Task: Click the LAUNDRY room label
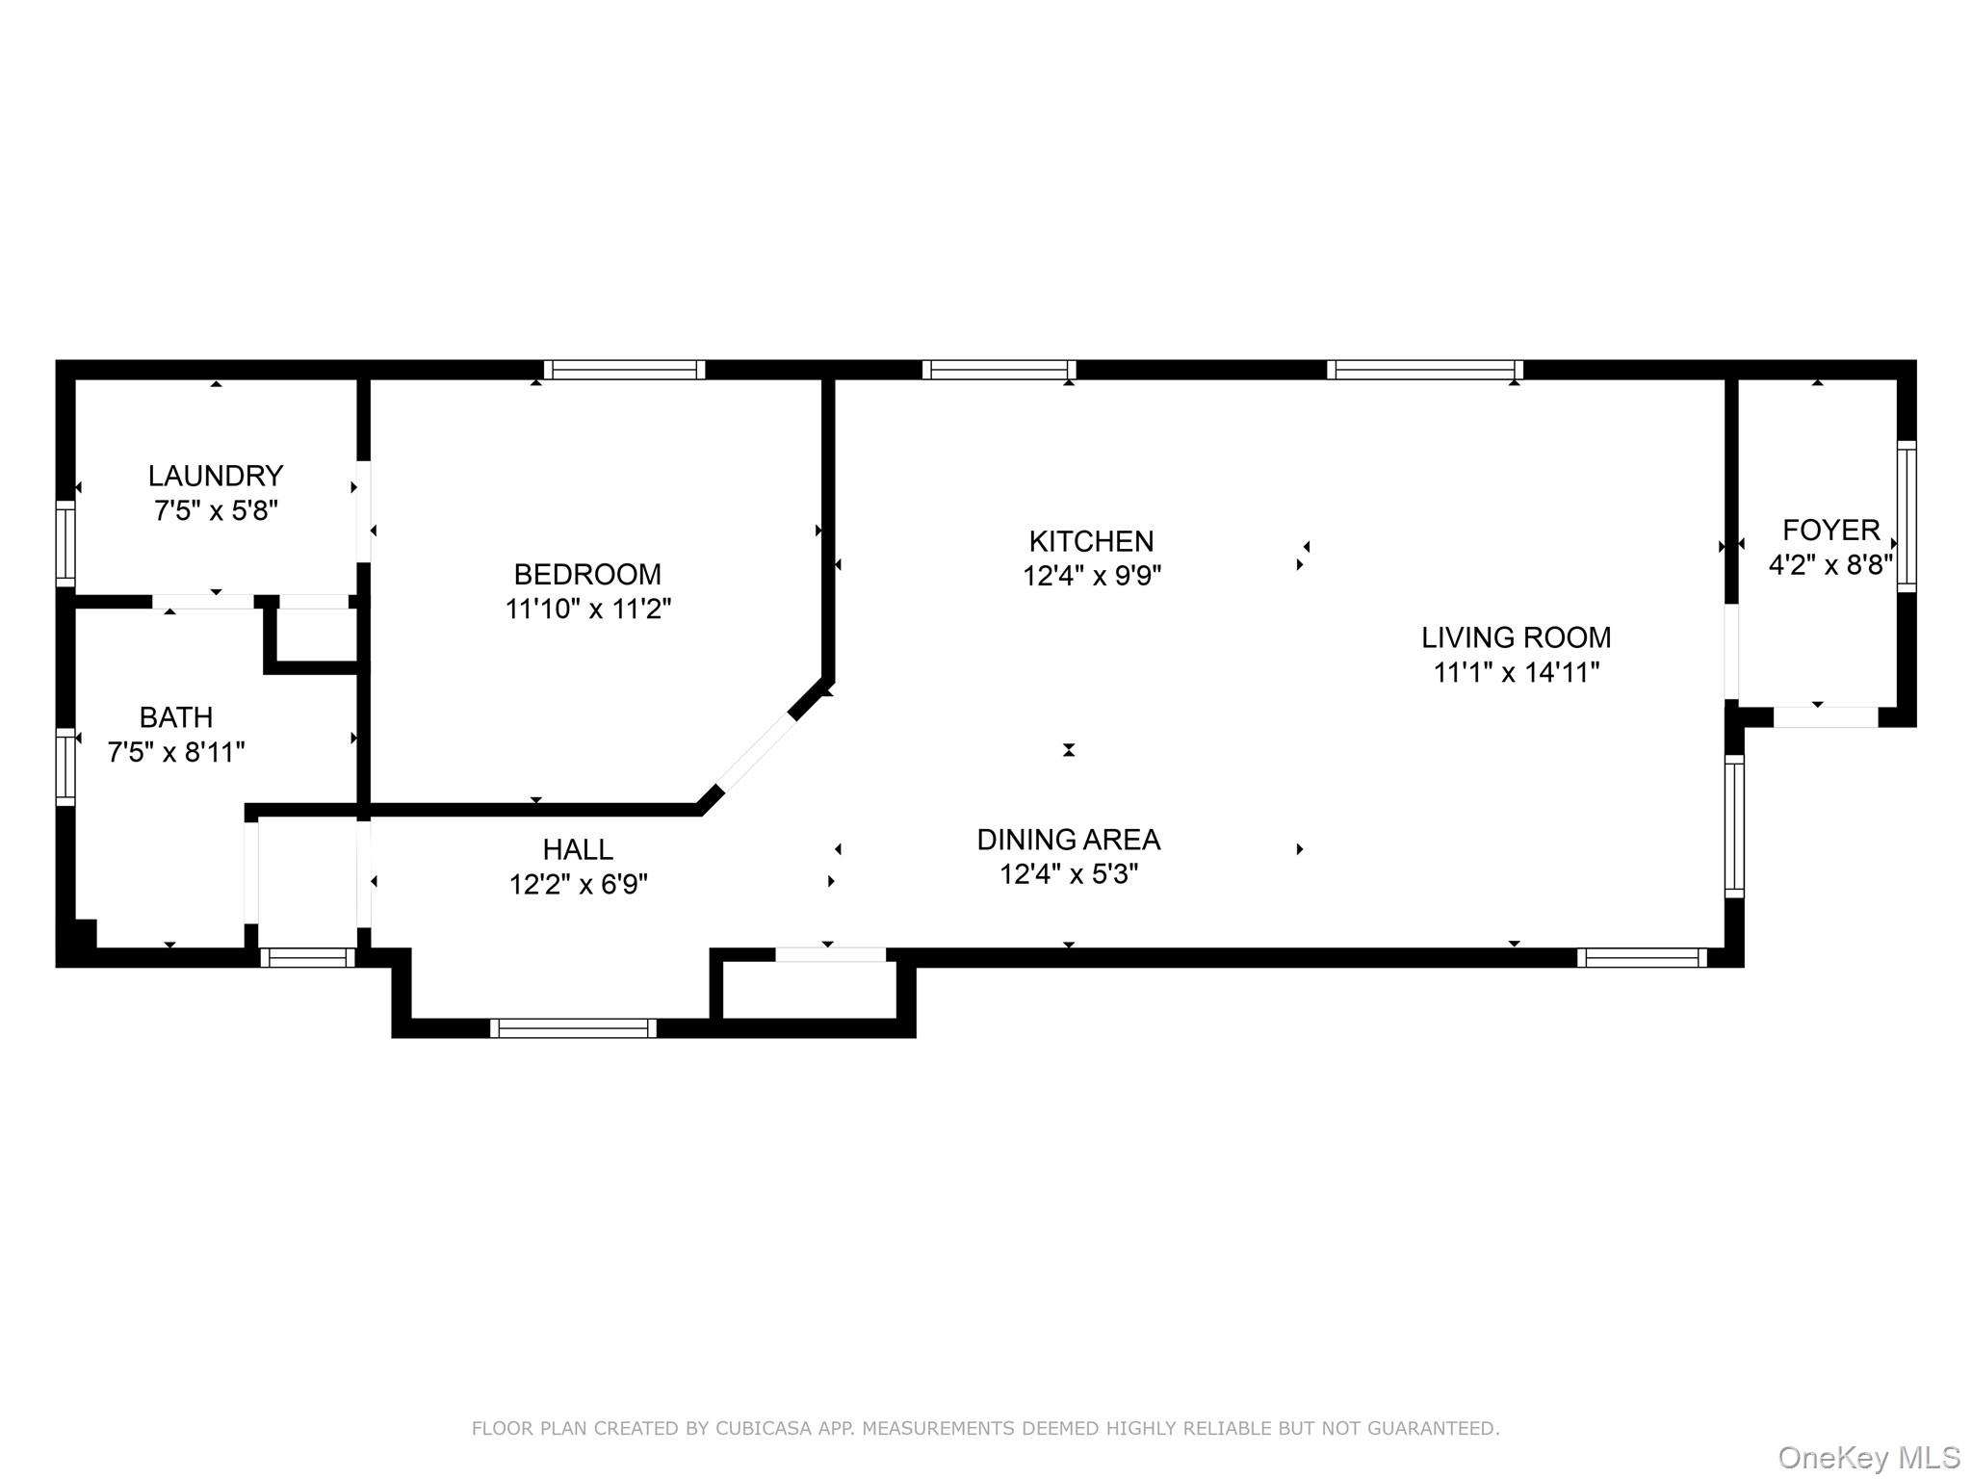click(215, 476)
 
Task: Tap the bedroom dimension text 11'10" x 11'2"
click(587, 609)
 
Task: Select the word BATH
click(176, 717)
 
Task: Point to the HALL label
click(578, 849)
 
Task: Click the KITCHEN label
click(1091, 541)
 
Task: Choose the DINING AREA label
click(1068, 840)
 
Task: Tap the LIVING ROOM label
click(1516, 637)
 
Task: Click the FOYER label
click(1830, 530)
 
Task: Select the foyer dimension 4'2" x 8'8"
click(1830, 564)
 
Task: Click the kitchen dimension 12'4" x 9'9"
click(1091, 576)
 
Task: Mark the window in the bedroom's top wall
click(624, 370)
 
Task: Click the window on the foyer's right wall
click(1906, 516)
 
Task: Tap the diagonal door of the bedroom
click(757, 751)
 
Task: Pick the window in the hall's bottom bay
click(573, 1028)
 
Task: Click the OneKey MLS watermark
click(1868, 1458)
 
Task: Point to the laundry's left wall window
click(65, 543)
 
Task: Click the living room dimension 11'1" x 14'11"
click(1516, 672)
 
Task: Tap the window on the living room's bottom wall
click(1642, 957)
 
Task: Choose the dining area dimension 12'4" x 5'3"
click(1068, 874)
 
